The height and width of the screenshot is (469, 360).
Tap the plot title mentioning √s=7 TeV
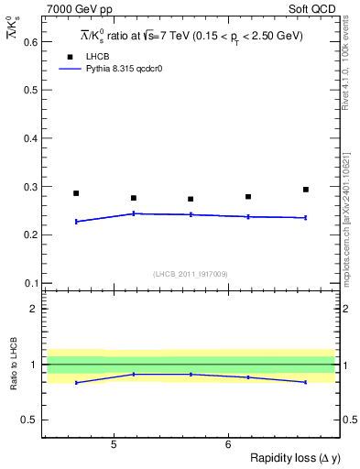click(x=191, y=37)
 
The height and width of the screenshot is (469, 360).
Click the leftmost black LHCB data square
click(x=76, y=193)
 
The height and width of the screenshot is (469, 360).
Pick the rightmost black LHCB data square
click(x=306, y=190)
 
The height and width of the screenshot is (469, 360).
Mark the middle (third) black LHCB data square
click(x=191, y=199)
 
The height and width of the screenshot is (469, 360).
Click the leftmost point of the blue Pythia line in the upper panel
click(x=76, y=222)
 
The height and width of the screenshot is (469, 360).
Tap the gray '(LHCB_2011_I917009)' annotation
click(x=191, y=274)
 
